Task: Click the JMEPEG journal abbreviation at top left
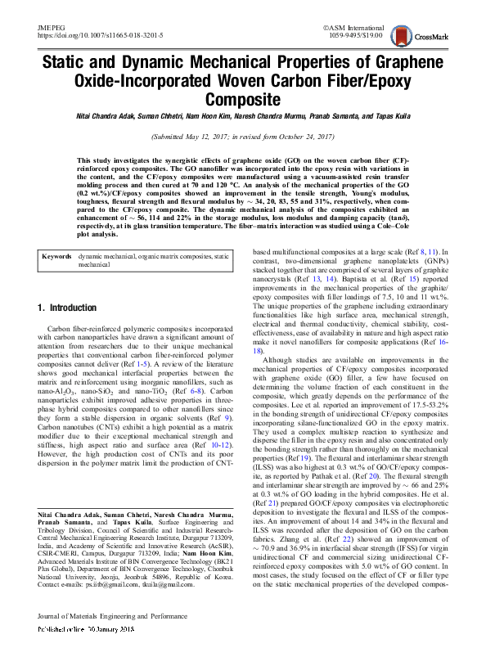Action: [51, 28]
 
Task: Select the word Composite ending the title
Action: [243, 99]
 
